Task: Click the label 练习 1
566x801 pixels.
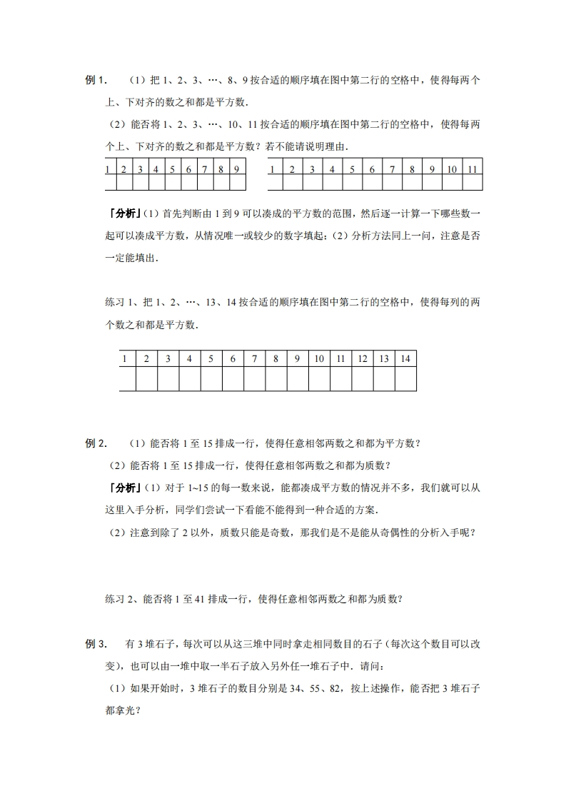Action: (120, 303)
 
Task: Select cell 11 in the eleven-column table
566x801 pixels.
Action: (472, 169)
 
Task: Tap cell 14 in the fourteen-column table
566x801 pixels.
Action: (405, 358)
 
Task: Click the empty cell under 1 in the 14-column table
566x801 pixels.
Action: (125, 378)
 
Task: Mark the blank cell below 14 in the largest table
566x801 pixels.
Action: (405, 378)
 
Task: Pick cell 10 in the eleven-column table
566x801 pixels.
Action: (453, 169)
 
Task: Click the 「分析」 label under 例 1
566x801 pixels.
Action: (122, 213)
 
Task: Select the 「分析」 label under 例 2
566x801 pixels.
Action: (122, 488)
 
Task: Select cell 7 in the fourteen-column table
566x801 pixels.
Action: (254, 358)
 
